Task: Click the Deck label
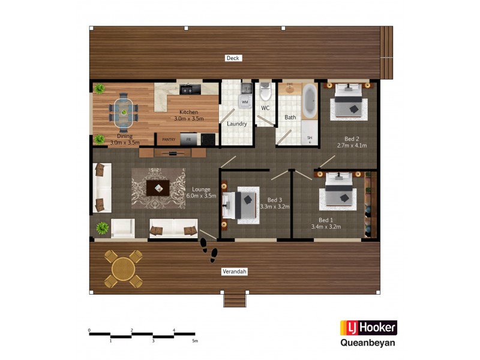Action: coord(233,58)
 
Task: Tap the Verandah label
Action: coord(235,272)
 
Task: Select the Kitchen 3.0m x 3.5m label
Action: coord(188,116)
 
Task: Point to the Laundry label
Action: coord(237,124)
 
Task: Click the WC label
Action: coord(265,109)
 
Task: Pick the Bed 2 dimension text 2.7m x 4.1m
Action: coord(352,145)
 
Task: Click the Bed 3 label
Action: coord(275,200)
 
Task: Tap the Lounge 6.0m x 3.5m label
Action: coord(201,193)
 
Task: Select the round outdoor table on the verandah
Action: coord(123,268)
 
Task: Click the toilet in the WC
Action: coord(266,94)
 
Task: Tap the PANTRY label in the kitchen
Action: coord(169,139)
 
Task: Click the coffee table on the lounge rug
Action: coord(158,188)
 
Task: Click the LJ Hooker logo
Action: coord(368,328)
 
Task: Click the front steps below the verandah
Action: coord(234,299)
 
